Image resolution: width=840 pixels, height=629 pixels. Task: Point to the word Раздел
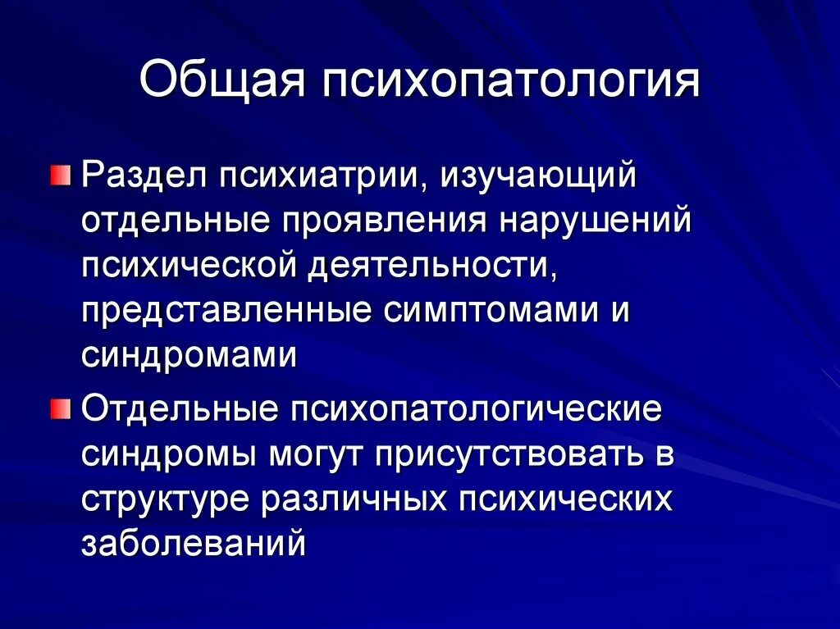[x=134, y=175]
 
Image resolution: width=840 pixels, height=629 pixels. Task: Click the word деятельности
[x=431, y=267]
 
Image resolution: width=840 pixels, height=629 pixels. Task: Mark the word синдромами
[x=189, y=358]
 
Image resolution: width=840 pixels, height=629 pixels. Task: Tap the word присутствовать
[x=509, y=455]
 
